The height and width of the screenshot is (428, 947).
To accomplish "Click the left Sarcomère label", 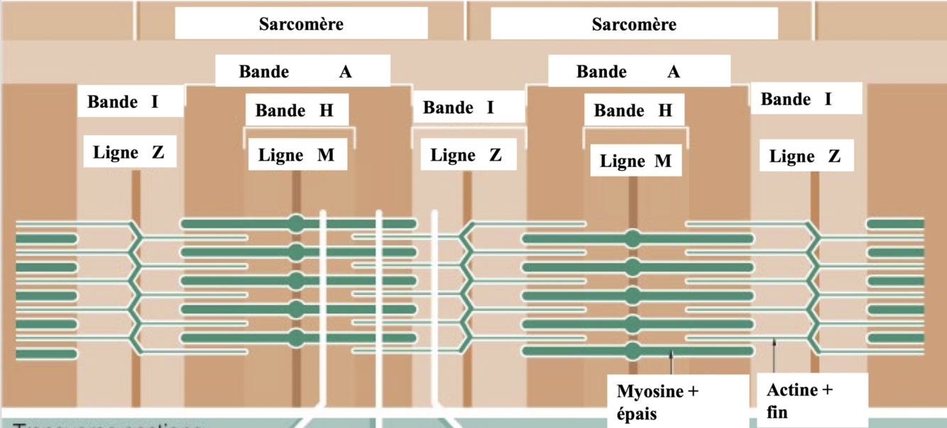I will coord(301,24).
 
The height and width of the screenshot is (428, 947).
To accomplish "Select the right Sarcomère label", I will coord(634,24).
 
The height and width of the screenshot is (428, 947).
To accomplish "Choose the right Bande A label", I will coord(628,72).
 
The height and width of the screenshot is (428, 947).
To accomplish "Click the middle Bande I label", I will coord(458,107).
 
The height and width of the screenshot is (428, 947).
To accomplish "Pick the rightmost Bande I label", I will coord(796,99).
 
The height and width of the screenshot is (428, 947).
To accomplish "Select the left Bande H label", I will coord(294,110).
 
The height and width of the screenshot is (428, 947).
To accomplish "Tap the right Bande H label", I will coord(633,110).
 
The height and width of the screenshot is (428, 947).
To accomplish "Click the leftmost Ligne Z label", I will coord(128,151).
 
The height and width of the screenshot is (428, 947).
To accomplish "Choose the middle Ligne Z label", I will coord(466,154).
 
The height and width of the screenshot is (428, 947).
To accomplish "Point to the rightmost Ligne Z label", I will coord(805,156).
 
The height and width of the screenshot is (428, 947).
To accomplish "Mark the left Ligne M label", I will coord(296,155).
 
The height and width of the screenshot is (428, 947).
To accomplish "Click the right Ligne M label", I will coord(635,161).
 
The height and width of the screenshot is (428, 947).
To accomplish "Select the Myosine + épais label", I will coord(657,402).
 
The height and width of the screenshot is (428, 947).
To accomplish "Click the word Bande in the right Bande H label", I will coord(619,110).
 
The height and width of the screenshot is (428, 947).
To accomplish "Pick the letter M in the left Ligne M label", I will coord(325,155).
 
